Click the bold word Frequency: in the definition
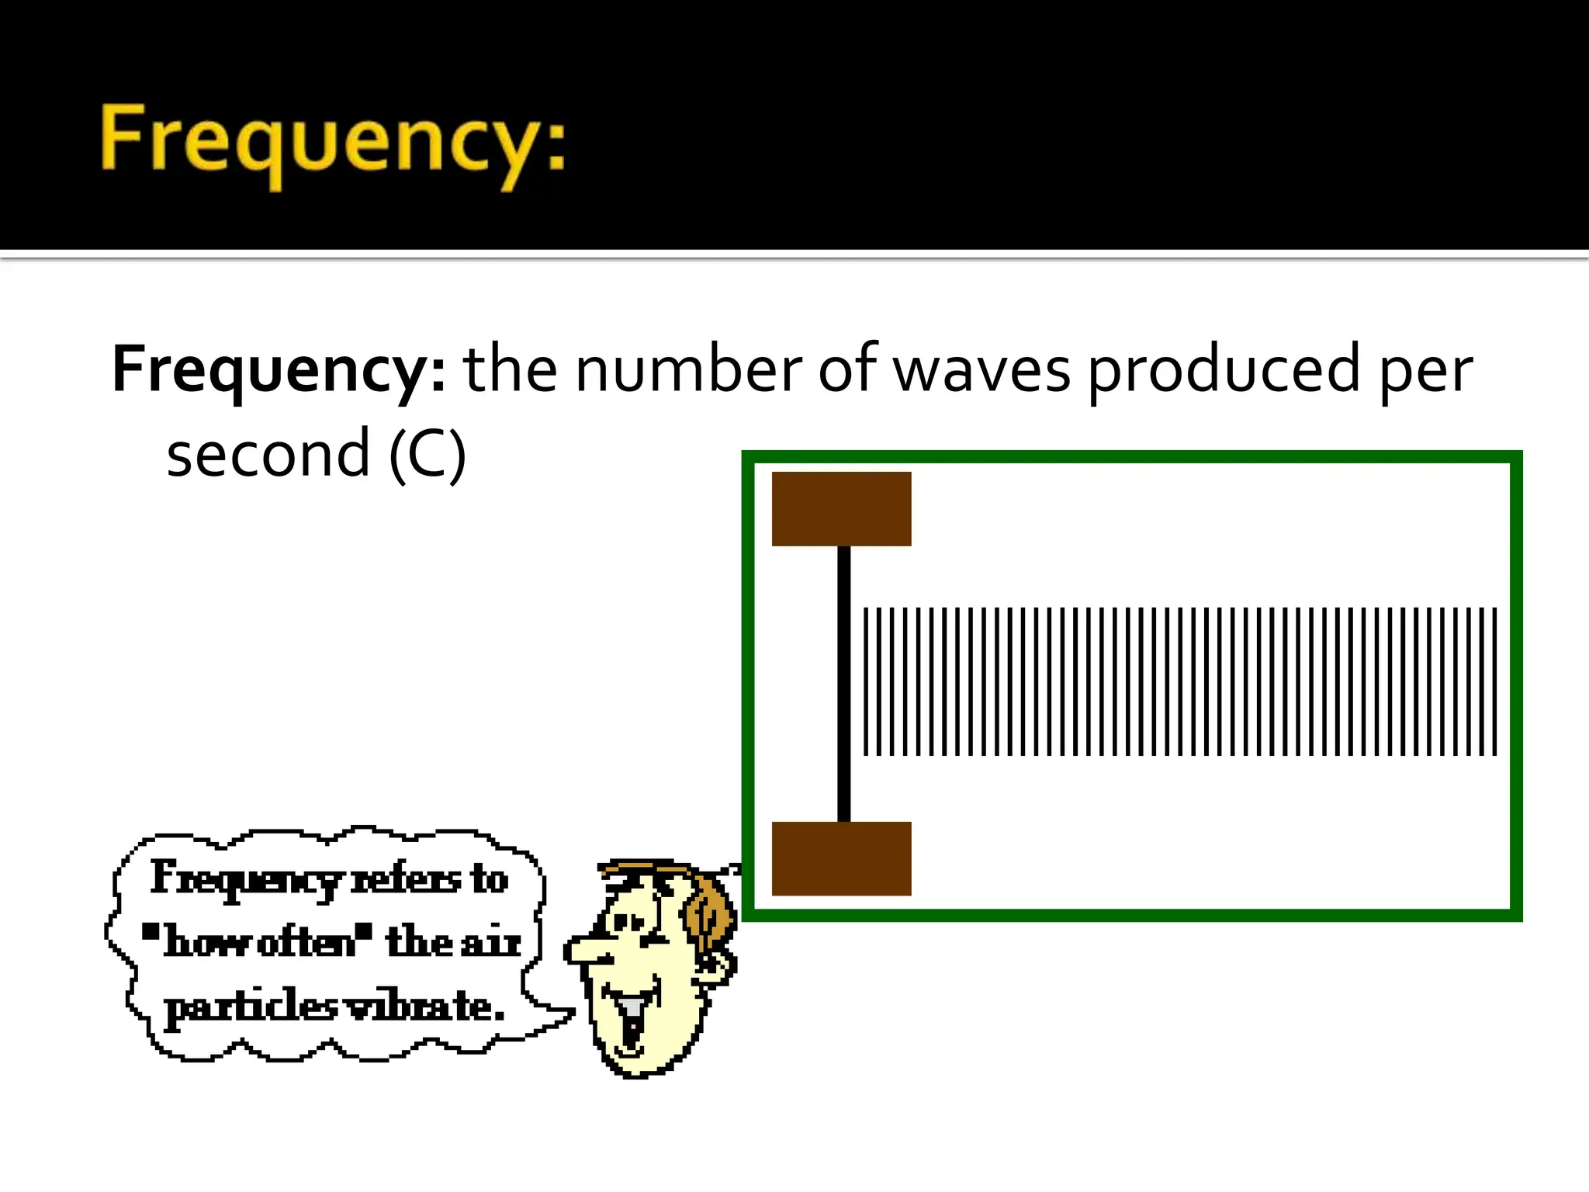(278, 369)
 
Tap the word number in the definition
(687, 369)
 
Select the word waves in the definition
(981, 371)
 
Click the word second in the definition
(268, 455)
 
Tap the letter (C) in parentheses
(428, 456)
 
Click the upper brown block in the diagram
(841, 509)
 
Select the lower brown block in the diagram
(841, 858)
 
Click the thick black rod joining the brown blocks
(843, 683)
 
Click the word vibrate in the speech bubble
(423, 1007)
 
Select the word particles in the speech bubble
(250, 1007)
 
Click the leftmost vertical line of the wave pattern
(867, 681)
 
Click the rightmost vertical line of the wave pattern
(1494, 681)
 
